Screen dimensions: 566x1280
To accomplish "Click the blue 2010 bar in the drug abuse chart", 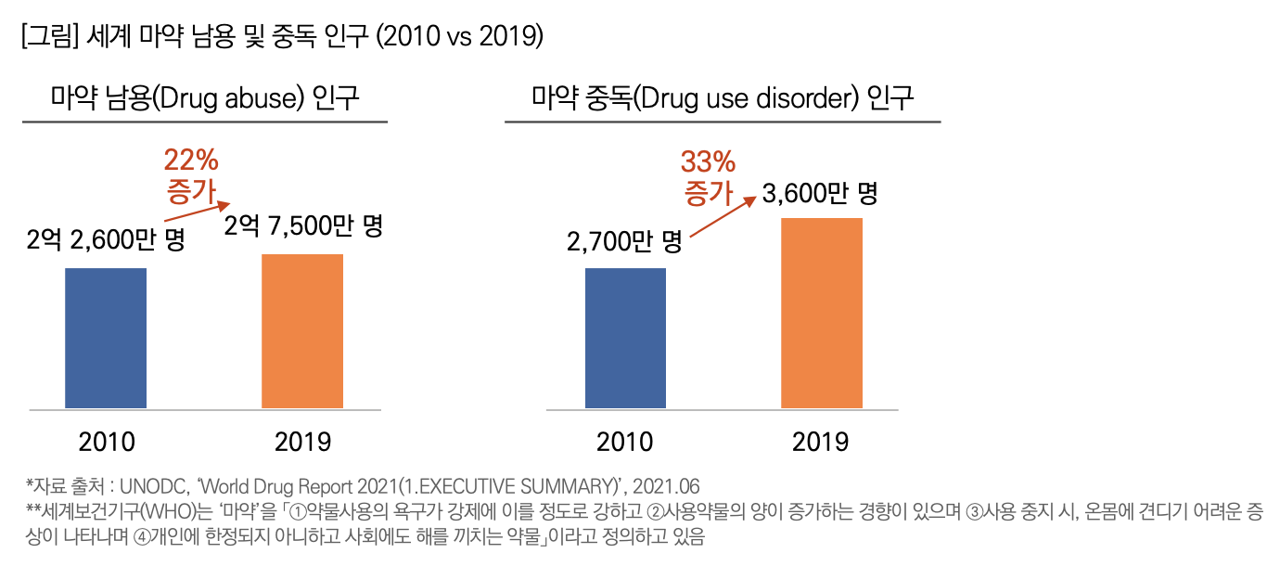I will [106, 338].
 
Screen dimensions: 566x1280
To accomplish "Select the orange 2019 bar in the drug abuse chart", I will [302, 331].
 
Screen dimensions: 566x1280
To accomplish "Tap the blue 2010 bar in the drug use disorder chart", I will [626, 338].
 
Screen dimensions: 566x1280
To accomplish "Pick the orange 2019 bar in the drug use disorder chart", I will [822, 313].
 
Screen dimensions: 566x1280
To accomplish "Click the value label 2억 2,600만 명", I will [106, 240].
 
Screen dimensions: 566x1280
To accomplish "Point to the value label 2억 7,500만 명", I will [304, 226].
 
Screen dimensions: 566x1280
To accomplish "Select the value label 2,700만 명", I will [624, 243].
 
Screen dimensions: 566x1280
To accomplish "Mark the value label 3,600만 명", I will [820, 194].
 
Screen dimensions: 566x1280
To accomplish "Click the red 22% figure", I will [191, 160].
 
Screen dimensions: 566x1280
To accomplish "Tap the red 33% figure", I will [709, 162].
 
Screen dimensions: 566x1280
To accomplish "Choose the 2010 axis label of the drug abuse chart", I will [106, 441].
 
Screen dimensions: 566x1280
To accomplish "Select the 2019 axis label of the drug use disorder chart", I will [820, 441].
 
